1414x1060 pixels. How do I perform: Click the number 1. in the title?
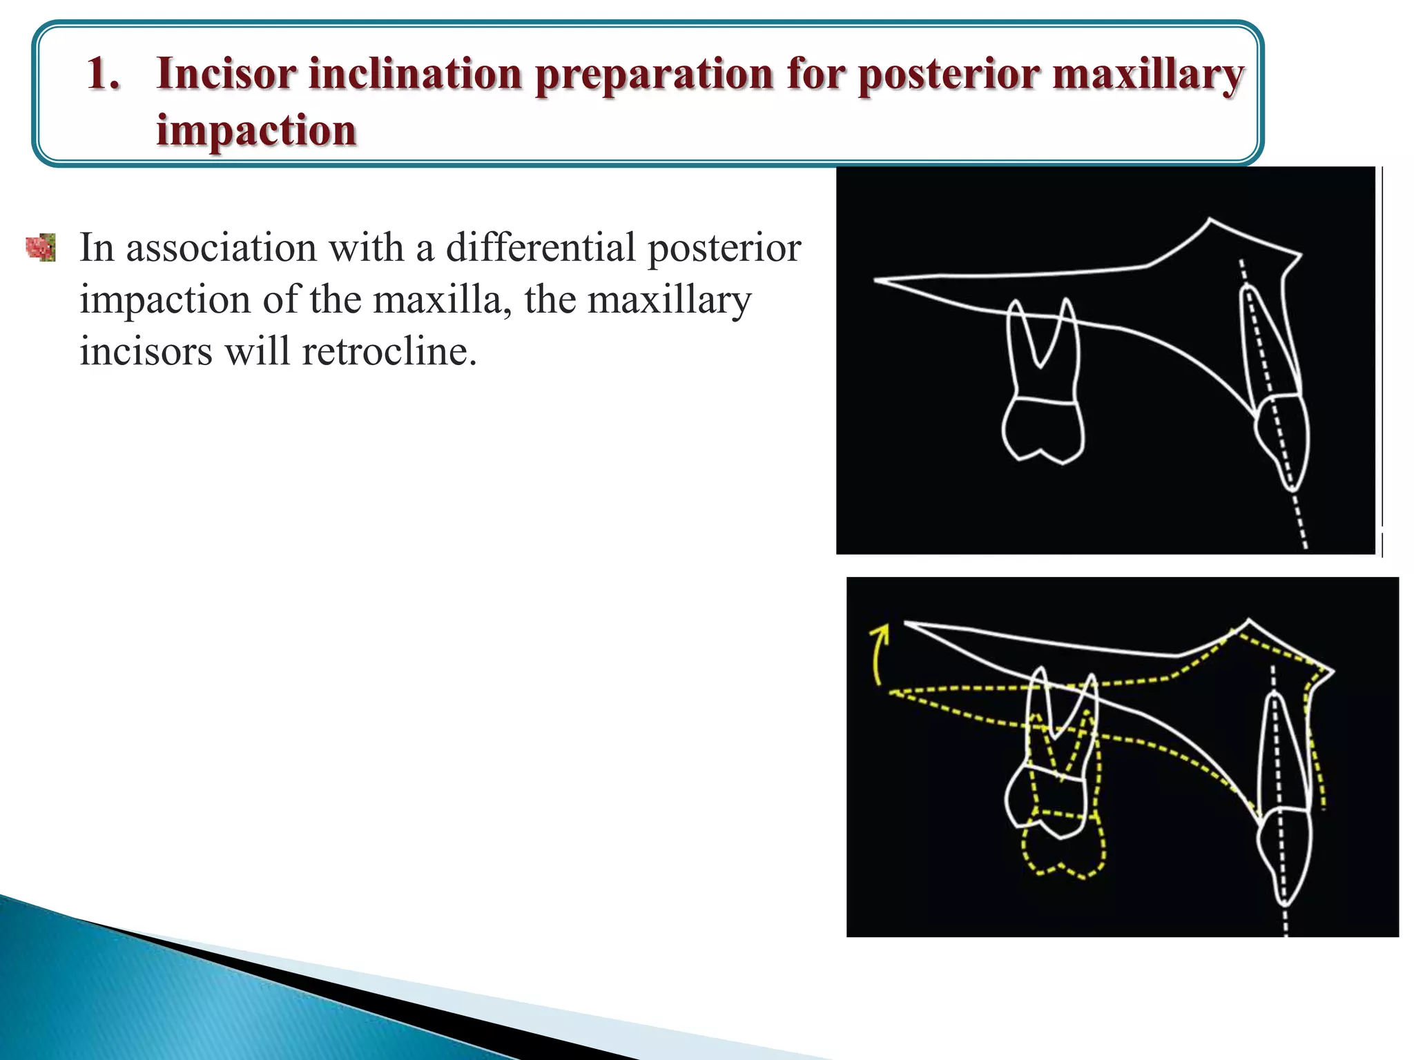[x=104, y=73]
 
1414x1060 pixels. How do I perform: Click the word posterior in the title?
[x=948, y=75]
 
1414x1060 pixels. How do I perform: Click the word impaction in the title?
[x=256, y=130]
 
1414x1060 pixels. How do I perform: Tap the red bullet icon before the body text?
[x=41, y=247]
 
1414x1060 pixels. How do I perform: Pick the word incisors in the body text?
[x=146, y=351]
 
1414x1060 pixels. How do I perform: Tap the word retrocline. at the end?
[x=389, y=351]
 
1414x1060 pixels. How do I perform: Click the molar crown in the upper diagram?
[x=1043, y=429]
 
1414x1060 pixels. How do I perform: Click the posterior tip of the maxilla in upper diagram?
[x=877, y=280]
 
